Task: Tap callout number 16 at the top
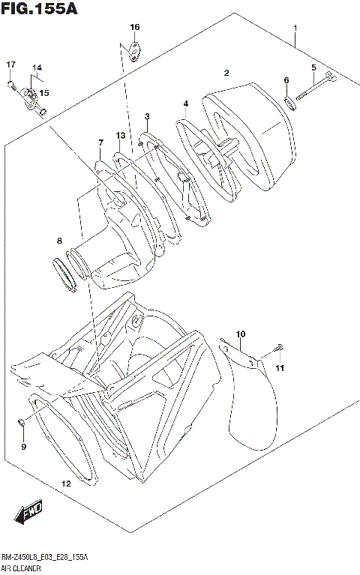(134, 27)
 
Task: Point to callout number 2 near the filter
(226, 73)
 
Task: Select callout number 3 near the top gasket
(148, 116)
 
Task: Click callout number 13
(119, 135)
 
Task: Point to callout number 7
(100, 142)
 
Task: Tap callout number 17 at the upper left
(11, 64)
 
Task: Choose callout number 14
(35, 68)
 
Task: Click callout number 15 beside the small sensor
(44, 93)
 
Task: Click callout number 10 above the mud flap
(241, 334)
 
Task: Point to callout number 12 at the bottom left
(66, 484)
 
